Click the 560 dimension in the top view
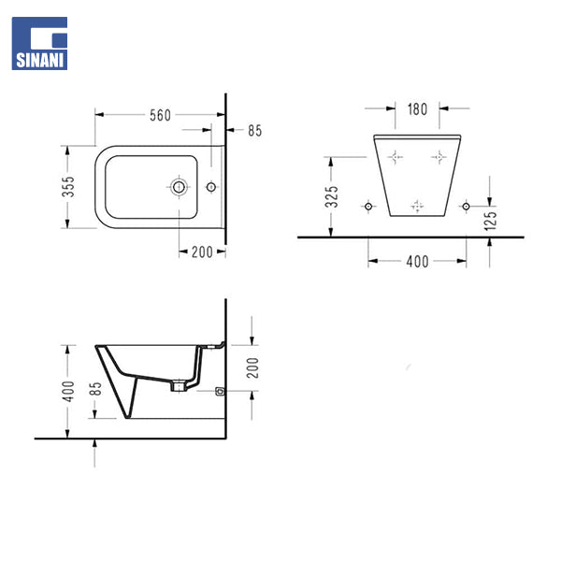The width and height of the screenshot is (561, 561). click(x=160, y=115)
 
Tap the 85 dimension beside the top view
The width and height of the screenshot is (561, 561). click(x=254, y=131)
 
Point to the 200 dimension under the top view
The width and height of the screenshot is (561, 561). click(x=202, y=252)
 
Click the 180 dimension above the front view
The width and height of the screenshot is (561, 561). click(x=417, y=108)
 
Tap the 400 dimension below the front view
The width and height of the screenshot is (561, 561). click(x=417, y=262)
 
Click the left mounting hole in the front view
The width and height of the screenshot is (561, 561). click(x=369, y=205)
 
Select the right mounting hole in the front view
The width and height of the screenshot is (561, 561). click(x=467, y=205)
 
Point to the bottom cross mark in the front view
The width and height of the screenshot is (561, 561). click(x=418, y=205)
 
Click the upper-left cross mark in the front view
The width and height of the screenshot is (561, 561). click(x=395, y=157)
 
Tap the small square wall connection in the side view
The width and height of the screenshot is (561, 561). click(x=220, y=392)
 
